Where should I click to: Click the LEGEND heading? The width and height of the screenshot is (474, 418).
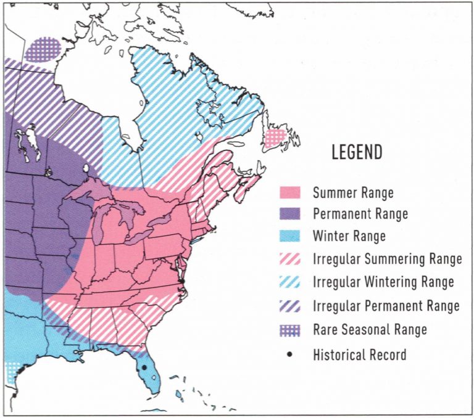click(357, 152)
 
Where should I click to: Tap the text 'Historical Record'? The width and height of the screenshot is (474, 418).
click(359, 354)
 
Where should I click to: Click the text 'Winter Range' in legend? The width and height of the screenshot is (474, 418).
click(349, 236)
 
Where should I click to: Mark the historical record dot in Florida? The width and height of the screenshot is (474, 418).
click(144, 367)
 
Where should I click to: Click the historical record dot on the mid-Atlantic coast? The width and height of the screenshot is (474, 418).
click(182, 282)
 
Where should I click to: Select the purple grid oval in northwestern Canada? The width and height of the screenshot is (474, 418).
click(45, 49)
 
